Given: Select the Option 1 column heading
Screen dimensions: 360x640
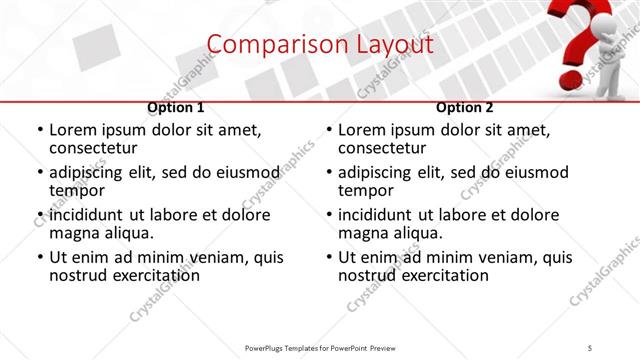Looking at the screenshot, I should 176,108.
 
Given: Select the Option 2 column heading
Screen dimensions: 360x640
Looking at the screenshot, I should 465,108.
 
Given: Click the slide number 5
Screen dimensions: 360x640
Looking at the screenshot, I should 590,348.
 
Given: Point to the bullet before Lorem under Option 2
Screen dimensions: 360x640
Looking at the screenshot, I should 329,130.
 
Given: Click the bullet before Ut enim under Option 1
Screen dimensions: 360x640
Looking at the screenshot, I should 40,257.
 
